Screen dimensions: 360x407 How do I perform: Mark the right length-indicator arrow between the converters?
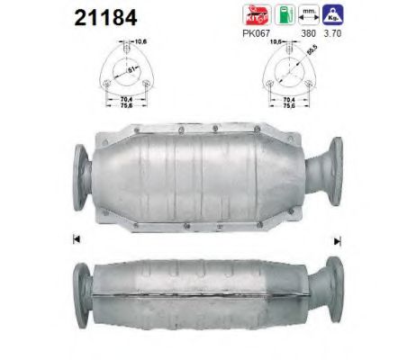coord(338,240)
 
